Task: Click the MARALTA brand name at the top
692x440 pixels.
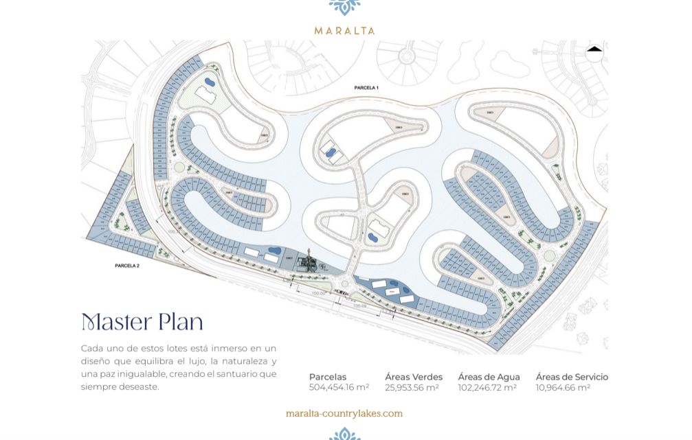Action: point(344,30)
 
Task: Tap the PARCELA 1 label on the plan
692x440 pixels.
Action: point(366,88)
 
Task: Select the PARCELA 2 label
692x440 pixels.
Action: point(127,265)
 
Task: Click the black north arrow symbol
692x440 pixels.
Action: point(594,49)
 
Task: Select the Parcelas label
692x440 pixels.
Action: point(328,377)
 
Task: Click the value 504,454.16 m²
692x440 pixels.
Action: point(339,388)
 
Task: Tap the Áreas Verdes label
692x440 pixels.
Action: point(414,377)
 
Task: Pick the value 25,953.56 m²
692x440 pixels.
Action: point(412,388)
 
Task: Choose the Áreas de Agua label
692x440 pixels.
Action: point(489,377)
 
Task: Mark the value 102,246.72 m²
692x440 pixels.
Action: point(487,388)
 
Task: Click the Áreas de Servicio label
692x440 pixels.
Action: point(572,377)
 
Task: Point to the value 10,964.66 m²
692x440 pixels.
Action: point(563,388)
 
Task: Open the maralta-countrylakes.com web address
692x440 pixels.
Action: point(344,413)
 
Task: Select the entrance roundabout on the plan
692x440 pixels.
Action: point(344,283)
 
